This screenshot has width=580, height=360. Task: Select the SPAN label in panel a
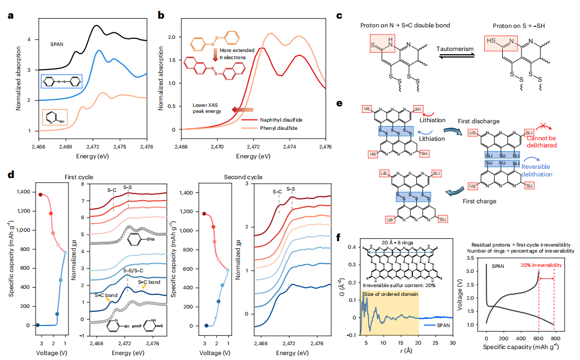click(59, 44)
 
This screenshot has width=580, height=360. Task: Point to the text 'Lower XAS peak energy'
click(206, 107)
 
